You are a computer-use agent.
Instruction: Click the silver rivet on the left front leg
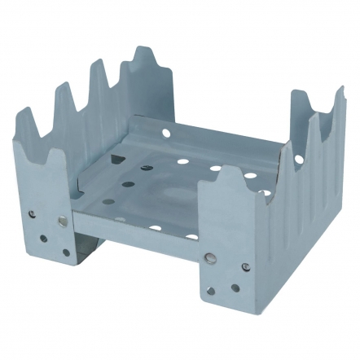tap(63, 220)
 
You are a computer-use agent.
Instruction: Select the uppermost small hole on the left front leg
tap(33, 214)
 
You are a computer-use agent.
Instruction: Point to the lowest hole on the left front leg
tap(66, 252)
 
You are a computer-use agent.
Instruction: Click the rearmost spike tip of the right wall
tap(340, 90)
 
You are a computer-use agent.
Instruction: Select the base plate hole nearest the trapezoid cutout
tap(146, 167)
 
